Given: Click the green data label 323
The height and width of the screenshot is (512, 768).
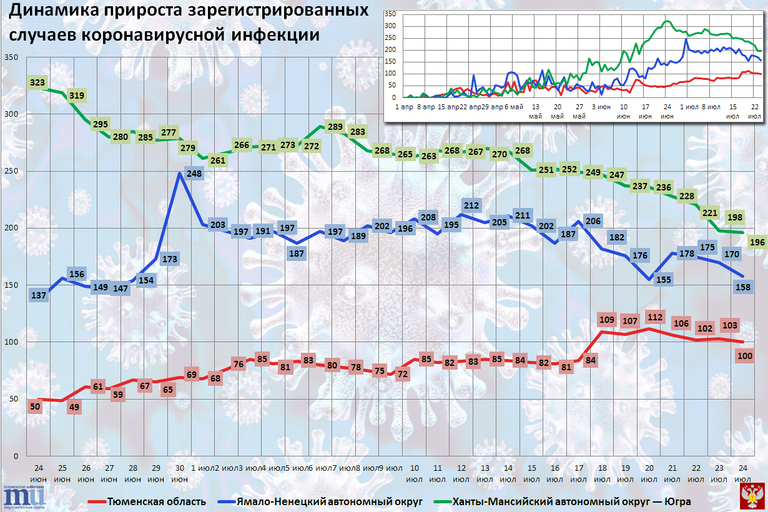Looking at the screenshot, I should [x=37, y=82].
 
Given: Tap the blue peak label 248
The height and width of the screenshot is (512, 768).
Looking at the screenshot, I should [x=194, y=175].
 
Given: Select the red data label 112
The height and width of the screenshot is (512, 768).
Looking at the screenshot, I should [x=654, y=317].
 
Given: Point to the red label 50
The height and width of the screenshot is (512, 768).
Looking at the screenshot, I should [x=36, y=407].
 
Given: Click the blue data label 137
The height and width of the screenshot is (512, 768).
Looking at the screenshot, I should [x=39, y=295].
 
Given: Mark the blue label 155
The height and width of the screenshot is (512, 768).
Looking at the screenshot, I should [x=664, y=280].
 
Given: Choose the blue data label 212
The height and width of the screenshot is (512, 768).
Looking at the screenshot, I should [x=471, y=205].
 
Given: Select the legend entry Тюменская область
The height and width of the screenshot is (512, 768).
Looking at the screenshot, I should [x=156, y=501].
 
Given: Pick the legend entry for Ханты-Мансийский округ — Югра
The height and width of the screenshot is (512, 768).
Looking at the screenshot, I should [x=571, y=501].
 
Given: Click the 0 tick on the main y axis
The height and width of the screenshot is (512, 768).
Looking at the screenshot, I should [x=15, y=456].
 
